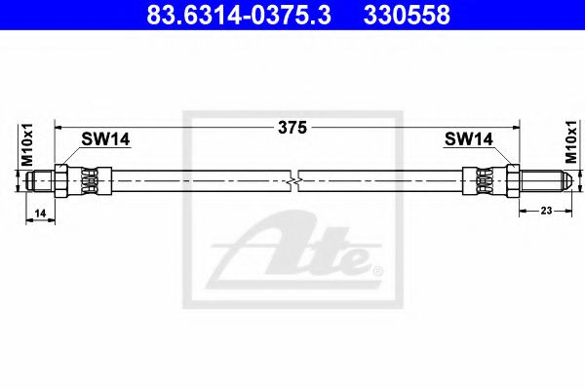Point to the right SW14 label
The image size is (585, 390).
click(468, 140)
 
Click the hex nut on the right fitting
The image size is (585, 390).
click(511, 179)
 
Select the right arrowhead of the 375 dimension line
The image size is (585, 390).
click(514, 126)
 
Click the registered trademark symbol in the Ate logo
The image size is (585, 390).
click(378, 268)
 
